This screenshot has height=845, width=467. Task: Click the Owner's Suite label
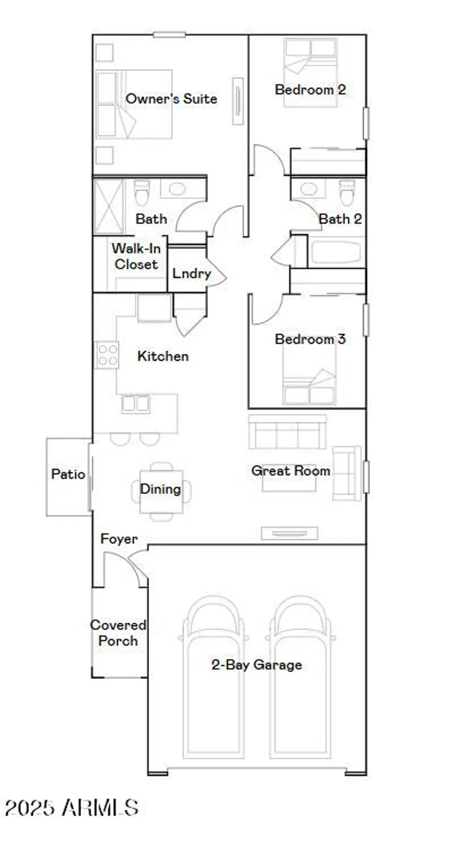pyautogui.click(x=171, y=99)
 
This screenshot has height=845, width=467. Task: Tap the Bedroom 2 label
pyautogui.click(x=310, y=89)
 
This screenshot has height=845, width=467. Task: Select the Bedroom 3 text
pyautogui.click(x=310, y=339)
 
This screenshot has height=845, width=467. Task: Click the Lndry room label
pyautogui.click(x=191, y=274)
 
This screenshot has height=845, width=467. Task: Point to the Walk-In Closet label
pyautogui.click(x=135, y=256)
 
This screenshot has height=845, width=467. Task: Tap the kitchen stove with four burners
pyautogui.click(x=107, y=355)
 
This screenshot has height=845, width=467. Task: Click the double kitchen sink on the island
pyautogui.click(x=136, y=403)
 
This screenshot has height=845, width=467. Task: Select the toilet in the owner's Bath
pyautogui.click(x=142, y=193)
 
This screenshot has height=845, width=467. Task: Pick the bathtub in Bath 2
pyautogui.click(x=335, y=252)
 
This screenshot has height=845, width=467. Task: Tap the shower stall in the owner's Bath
pyautogui.click(x=108, y=206)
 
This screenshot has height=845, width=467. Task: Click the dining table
pyautogui.click(x=161, y=490)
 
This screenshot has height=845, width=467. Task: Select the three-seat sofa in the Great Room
pyautogui.click(x=288, y=432)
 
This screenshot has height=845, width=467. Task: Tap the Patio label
pyautogui.click(x=68, y=474)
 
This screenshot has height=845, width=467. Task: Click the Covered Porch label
pyautogui.click(x=118, y=633)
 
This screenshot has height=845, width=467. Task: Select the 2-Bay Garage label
pyautogui.click(x=257, y=665)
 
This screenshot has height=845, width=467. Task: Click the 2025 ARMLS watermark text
pyautogui.click(x=71, y=807)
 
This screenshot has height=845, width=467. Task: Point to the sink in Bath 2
pyautogui.click(x=309, y=189)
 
